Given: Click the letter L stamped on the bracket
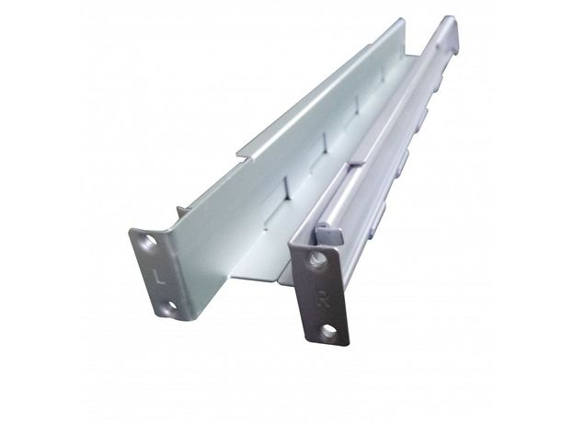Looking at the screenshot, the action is (158, 276).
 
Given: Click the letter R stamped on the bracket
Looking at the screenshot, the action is (323, 298).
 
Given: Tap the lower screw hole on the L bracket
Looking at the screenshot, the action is (170, 305).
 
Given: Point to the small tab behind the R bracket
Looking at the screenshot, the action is (330, 233).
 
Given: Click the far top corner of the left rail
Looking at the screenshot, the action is (404, 19).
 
